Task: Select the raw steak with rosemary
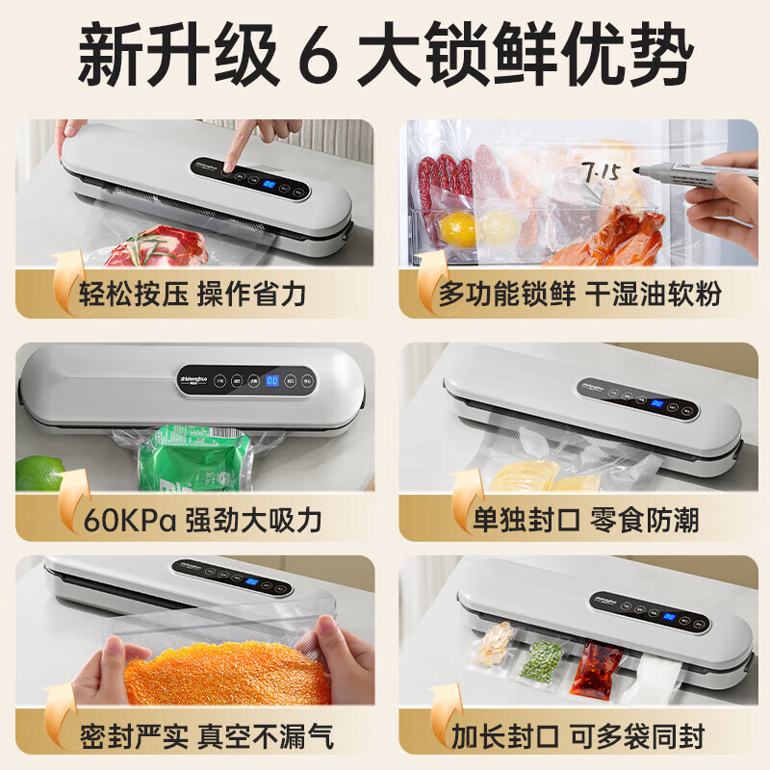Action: click(x=154, y=248)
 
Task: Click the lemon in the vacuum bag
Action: click(x=456, y=228)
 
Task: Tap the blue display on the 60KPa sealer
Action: click(x=272, y=380)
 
